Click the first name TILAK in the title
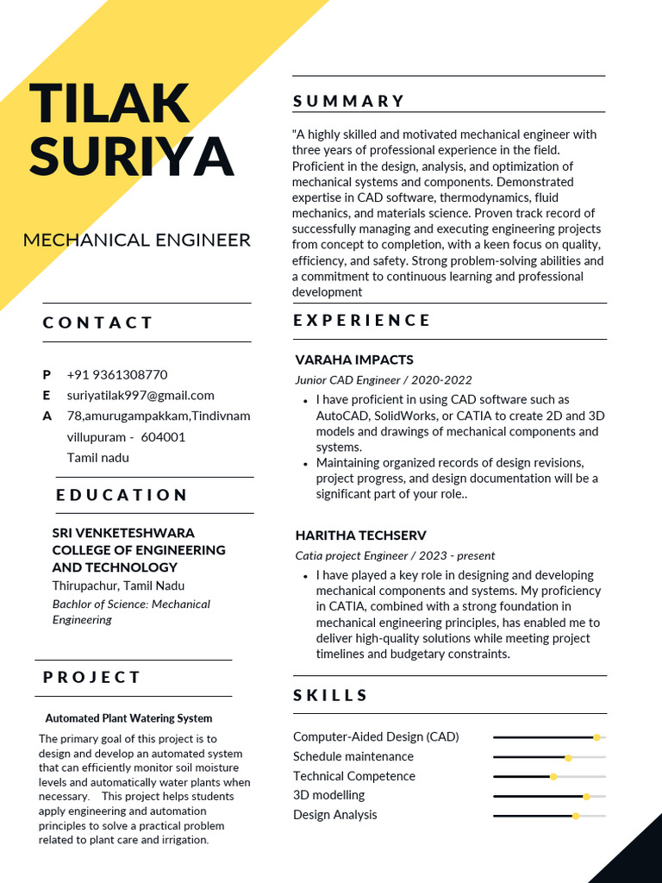pyautogui.click(x=109, y=103)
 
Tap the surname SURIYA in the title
pyautogui.click(x=132, y=155)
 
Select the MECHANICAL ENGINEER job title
pyautogui.click(x=137, y=240)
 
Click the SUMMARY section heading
pyautogui.click(x=348, y=101)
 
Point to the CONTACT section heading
pyautogui.click(x=97, y=323)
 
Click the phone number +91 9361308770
pyautogui.click(x=117, y=374)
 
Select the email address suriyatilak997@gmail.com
pyautogui.click(x=141, y=395)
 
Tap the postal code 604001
pyautogui.click(x=163, y=436)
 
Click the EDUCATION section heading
pyautogui.click(x=122, y=495)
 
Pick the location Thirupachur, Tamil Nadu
pyautogui.click(x=118, y=586)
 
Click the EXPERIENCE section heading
pyautogui.click(x=362, y=320)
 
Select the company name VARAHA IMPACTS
pyautogui.click(x=354, y=360)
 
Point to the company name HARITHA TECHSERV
pyautogui.click(x=360, y=535)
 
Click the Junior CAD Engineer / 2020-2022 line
pyautogui.click(x=384, y=379)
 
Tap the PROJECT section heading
pyautogui.click(x=91, y=677)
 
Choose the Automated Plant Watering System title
pyautogui.click(x=128, y=718)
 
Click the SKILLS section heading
pyautogui.click(x=330, y=695)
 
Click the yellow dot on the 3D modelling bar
pyautogui.click(x=587, y=796)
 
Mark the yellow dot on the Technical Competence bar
pyautogui.click(x=553, y=776)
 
